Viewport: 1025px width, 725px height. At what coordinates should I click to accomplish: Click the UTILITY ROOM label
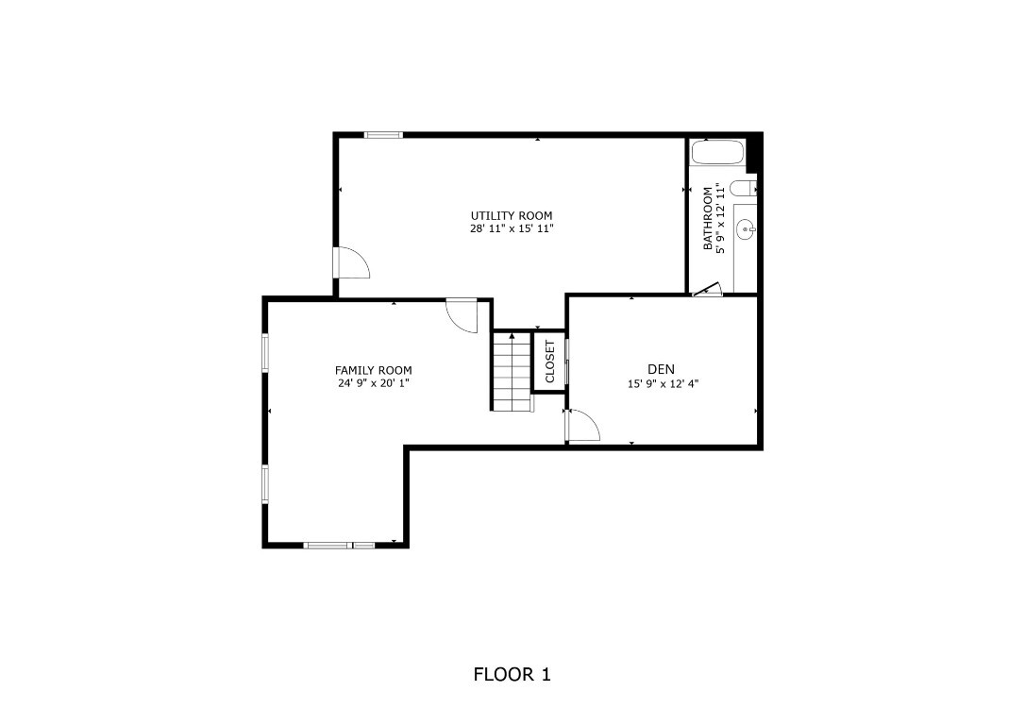(x=512, y=215)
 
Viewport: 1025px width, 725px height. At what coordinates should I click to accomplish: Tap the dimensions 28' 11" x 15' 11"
(x=512, y=228)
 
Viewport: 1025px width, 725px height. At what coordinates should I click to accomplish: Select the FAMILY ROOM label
(x=373, y=370)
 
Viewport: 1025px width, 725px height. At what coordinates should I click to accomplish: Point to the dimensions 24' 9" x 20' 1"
(x=373, y=383)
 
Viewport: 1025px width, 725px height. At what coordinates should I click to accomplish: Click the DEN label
(x=661, y=369)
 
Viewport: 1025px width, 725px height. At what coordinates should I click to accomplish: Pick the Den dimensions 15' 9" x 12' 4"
(x=663, y=383)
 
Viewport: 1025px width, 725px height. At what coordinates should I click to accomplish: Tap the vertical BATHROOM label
(x=708, y=218)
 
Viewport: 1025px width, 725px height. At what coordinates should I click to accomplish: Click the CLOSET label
(x=549, y=361)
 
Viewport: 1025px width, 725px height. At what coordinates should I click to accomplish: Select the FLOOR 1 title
(x=512, y=674)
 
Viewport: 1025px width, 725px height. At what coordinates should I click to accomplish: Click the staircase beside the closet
(x=512, y=371)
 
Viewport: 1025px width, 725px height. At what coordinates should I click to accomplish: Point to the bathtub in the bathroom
(x=716, y=152)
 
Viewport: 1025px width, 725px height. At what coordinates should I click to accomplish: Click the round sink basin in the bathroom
(x=745, y=228)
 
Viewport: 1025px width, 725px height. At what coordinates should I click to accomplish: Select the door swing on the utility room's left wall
(x=352, y=263)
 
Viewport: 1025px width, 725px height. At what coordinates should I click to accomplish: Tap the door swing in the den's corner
(x=582, y=427)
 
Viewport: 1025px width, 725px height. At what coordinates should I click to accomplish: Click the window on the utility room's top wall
(x=383, y=135)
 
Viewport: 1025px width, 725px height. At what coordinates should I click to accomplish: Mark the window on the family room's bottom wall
(x=339, y=545)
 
